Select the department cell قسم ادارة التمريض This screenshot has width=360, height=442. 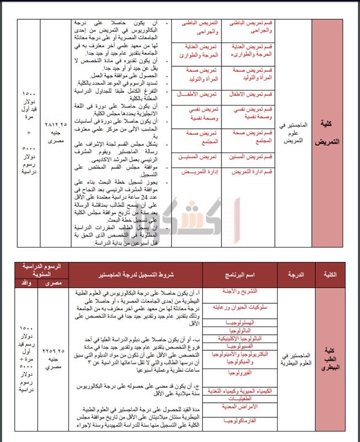(253, 173)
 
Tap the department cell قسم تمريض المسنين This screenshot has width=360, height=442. (253, 157)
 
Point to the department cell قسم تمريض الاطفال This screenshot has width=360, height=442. (253, 94)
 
